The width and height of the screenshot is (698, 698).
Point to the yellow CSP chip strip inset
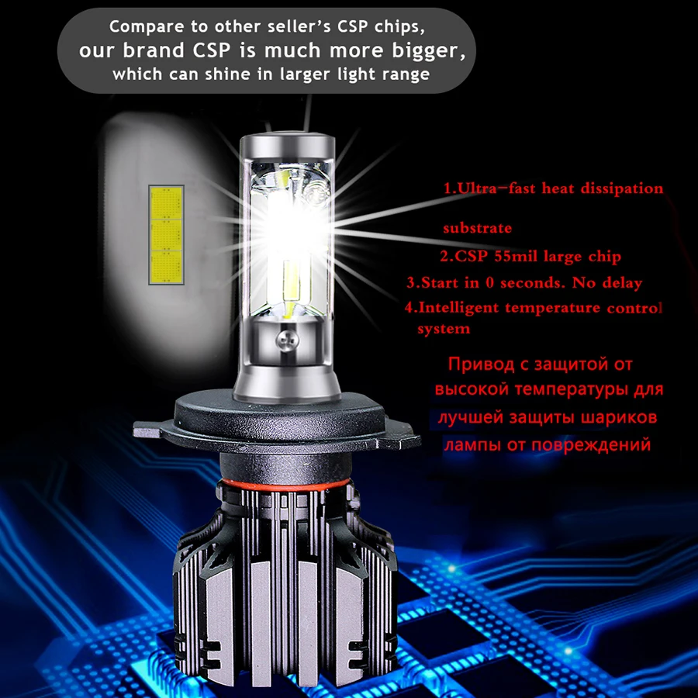[x=165, y=233]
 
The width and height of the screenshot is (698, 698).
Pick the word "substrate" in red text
[x=477, y=229]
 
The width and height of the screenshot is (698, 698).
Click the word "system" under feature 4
[x=444, y=329]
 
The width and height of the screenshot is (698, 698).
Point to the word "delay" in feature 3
[x=621, y=283]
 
